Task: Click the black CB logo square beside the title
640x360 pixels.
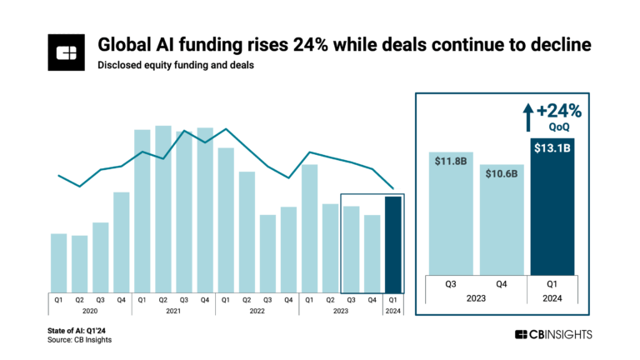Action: pos(65,52)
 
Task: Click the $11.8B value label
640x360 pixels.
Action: pos(451,160)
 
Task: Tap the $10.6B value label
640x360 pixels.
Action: pos(502,173)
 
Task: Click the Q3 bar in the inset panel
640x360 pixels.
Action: pos(451,217)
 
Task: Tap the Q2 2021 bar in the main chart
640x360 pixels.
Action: pos(163,208)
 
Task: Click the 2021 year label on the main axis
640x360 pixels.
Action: pos(173,311)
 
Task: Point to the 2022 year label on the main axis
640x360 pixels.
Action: pos(257,311)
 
